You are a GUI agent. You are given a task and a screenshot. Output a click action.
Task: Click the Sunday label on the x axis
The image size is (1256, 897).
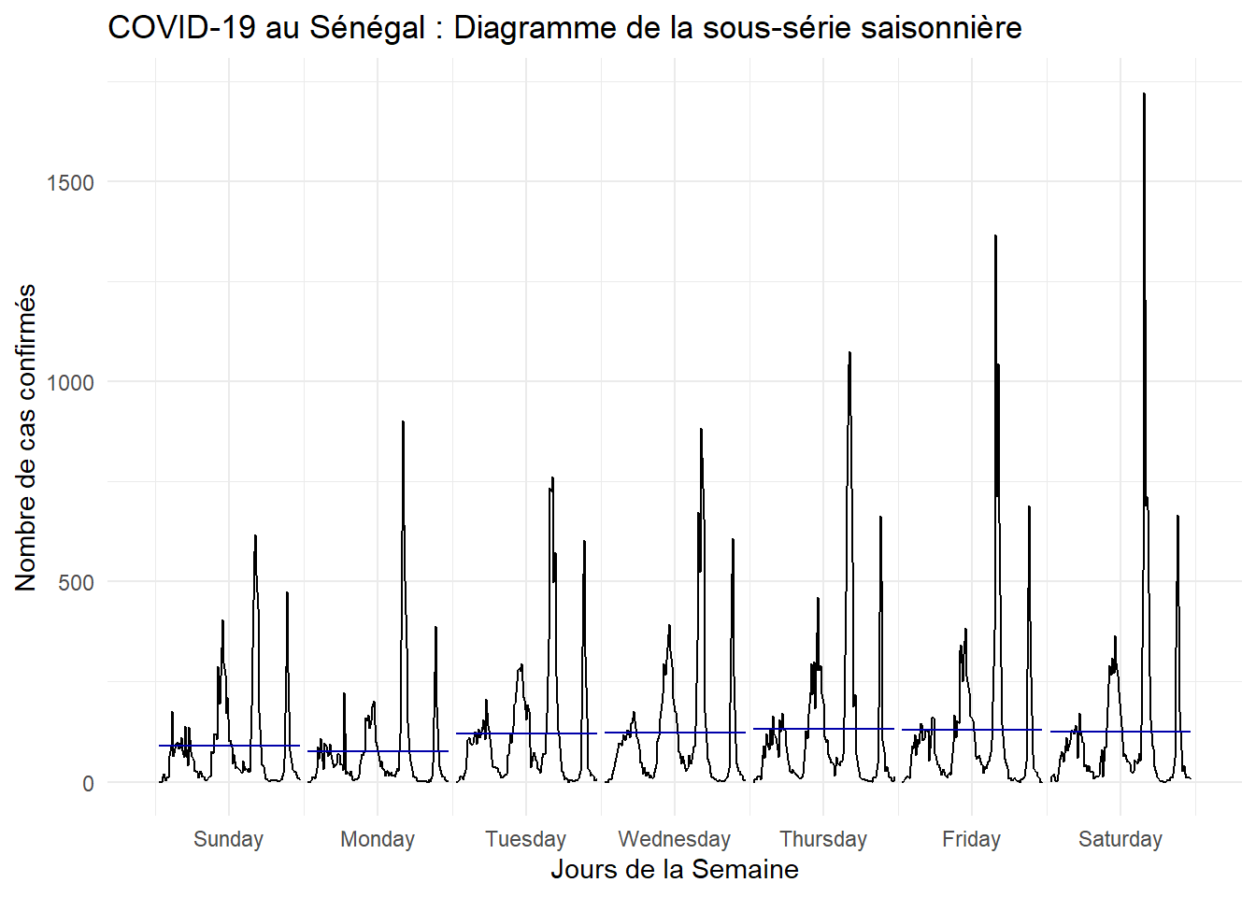pyautogui.click(x=228, y=839)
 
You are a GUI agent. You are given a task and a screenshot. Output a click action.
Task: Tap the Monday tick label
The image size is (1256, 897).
pyautogui.click(x=377, y=839)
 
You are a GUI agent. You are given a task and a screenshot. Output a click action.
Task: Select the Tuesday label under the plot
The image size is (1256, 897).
pyautogui.click(x=525, y=839)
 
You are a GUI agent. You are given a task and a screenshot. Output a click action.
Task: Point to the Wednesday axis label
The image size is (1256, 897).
pyautogui.click(x=674, y=839)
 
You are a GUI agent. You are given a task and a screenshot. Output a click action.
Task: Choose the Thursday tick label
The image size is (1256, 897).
pyautogui.click(x=823, y=839)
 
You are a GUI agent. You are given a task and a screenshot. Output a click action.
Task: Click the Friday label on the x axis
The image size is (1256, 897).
pyautogui.click(x=971, y=839)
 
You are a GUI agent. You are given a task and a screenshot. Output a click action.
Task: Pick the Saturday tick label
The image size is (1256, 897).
pyautogui.click(x=1120, y=839)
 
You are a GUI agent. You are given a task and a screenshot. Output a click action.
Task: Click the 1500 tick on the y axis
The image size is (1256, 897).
pyautogui.click(x=70, y=182)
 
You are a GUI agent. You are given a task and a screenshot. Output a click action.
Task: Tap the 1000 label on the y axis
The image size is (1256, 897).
pyautogui.click(x=70, y=382)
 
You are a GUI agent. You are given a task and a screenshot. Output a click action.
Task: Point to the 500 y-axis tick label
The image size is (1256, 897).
pyautogui.click(x=76, y=583)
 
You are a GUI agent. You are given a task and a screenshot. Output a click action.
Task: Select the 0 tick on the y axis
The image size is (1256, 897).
pyautogui.click(x=88, y=783)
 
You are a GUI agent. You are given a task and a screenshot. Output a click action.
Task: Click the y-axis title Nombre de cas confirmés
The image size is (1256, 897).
pyautogui.click(x=26, y=437)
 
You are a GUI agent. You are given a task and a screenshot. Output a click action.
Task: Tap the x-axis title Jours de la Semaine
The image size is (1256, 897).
pyautogui.click(x=674, y=870)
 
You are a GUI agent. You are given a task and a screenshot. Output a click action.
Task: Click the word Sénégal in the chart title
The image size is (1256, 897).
pyautogui.click(x=367, y=28)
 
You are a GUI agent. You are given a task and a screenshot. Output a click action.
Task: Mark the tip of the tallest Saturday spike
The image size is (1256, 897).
pyautogui.click(x=1144, y=94)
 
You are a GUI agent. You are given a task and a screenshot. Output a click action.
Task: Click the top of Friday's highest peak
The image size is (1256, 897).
pyautogui.click(x=995, y=236)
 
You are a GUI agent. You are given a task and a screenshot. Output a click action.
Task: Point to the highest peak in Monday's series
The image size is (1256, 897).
pyautogui.click(x=403, y=422)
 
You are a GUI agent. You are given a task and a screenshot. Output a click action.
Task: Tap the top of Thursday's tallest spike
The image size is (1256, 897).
pyautogui.click(x=849, y=353)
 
